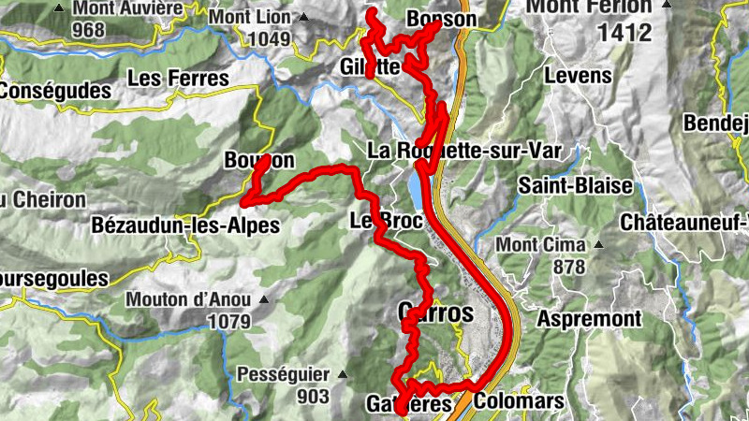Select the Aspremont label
(x=589, y=319)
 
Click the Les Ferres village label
(x=178, y=79)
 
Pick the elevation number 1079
(x=230, y=321)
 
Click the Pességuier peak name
(x=283, y=374)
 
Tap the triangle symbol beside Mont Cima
(x=596, y=245)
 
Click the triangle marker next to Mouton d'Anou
(x=264, y=300)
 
